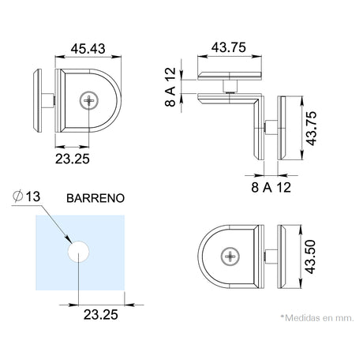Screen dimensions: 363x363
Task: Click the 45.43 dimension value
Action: coord(88,49)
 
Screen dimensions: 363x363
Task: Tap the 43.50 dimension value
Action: coord(309,256)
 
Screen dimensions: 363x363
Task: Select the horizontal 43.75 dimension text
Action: coord(229,47)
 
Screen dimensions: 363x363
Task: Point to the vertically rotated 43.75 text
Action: coord(311,129)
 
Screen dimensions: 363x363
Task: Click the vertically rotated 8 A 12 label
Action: coord(170,87)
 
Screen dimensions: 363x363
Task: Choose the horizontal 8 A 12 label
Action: coord(271,188)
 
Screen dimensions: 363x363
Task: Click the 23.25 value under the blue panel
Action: coord(101,315)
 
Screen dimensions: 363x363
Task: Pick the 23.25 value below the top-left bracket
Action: coord(73,159)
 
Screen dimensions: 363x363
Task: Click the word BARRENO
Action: coord(95,198)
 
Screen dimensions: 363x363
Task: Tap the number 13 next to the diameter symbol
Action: coord(33,196)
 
